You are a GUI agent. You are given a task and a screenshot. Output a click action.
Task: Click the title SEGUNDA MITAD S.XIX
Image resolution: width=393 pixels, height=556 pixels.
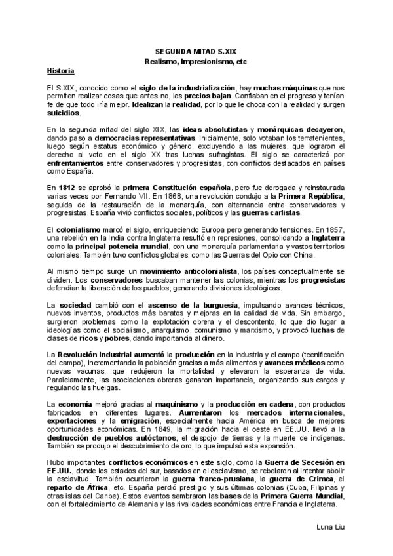tap(196, 50)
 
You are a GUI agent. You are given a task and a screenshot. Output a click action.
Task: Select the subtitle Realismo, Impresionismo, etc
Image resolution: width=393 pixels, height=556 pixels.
tap(196, 60)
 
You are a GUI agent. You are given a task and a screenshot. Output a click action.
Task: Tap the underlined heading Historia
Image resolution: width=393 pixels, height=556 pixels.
tap(60, 70)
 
